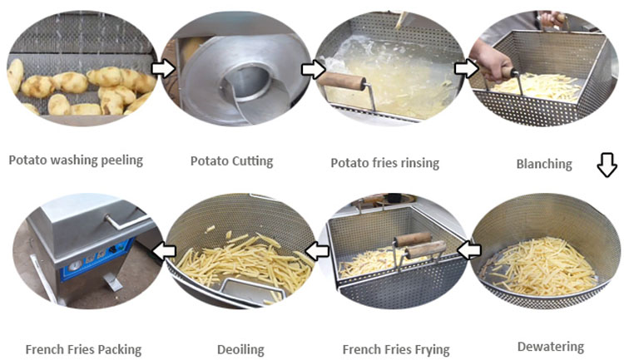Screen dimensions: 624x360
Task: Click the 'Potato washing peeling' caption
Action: click(76, 160)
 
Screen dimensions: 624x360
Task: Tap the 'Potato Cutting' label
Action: click(231, 161)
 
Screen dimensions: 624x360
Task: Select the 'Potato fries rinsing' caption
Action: click(385, 163)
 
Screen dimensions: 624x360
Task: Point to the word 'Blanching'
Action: click(544, 164)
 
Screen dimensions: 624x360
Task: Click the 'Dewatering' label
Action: click(551, 347)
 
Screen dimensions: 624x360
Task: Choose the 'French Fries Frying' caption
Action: click(396, 350)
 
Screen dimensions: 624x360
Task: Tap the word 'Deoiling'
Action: click(240, 350)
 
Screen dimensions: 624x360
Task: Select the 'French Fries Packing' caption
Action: click(83, 350)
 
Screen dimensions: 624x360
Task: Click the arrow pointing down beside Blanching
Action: click(607, 165)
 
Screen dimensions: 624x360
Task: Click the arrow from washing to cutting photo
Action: click(163, 69)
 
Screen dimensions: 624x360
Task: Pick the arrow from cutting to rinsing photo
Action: click(313, 69)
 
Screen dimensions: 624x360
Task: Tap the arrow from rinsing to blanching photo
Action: click(466, 68)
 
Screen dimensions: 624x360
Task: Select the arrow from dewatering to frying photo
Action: click(468, 250)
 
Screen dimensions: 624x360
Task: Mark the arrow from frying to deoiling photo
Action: click(317, 251)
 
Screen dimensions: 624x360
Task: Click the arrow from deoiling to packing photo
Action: click(165, 250)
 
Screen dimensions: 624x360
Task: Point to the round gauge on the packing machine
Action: click(74, 266)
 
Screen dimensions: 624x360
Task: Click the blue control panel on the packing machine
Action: click(96, 259)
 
